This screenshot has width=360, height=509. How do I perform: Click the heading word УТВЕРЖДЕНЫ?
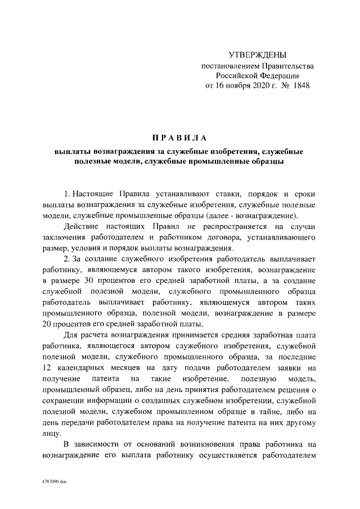[x=258, y=55]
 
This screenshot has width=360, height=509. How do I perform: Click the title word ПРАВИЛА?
[x=180, y=138]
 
